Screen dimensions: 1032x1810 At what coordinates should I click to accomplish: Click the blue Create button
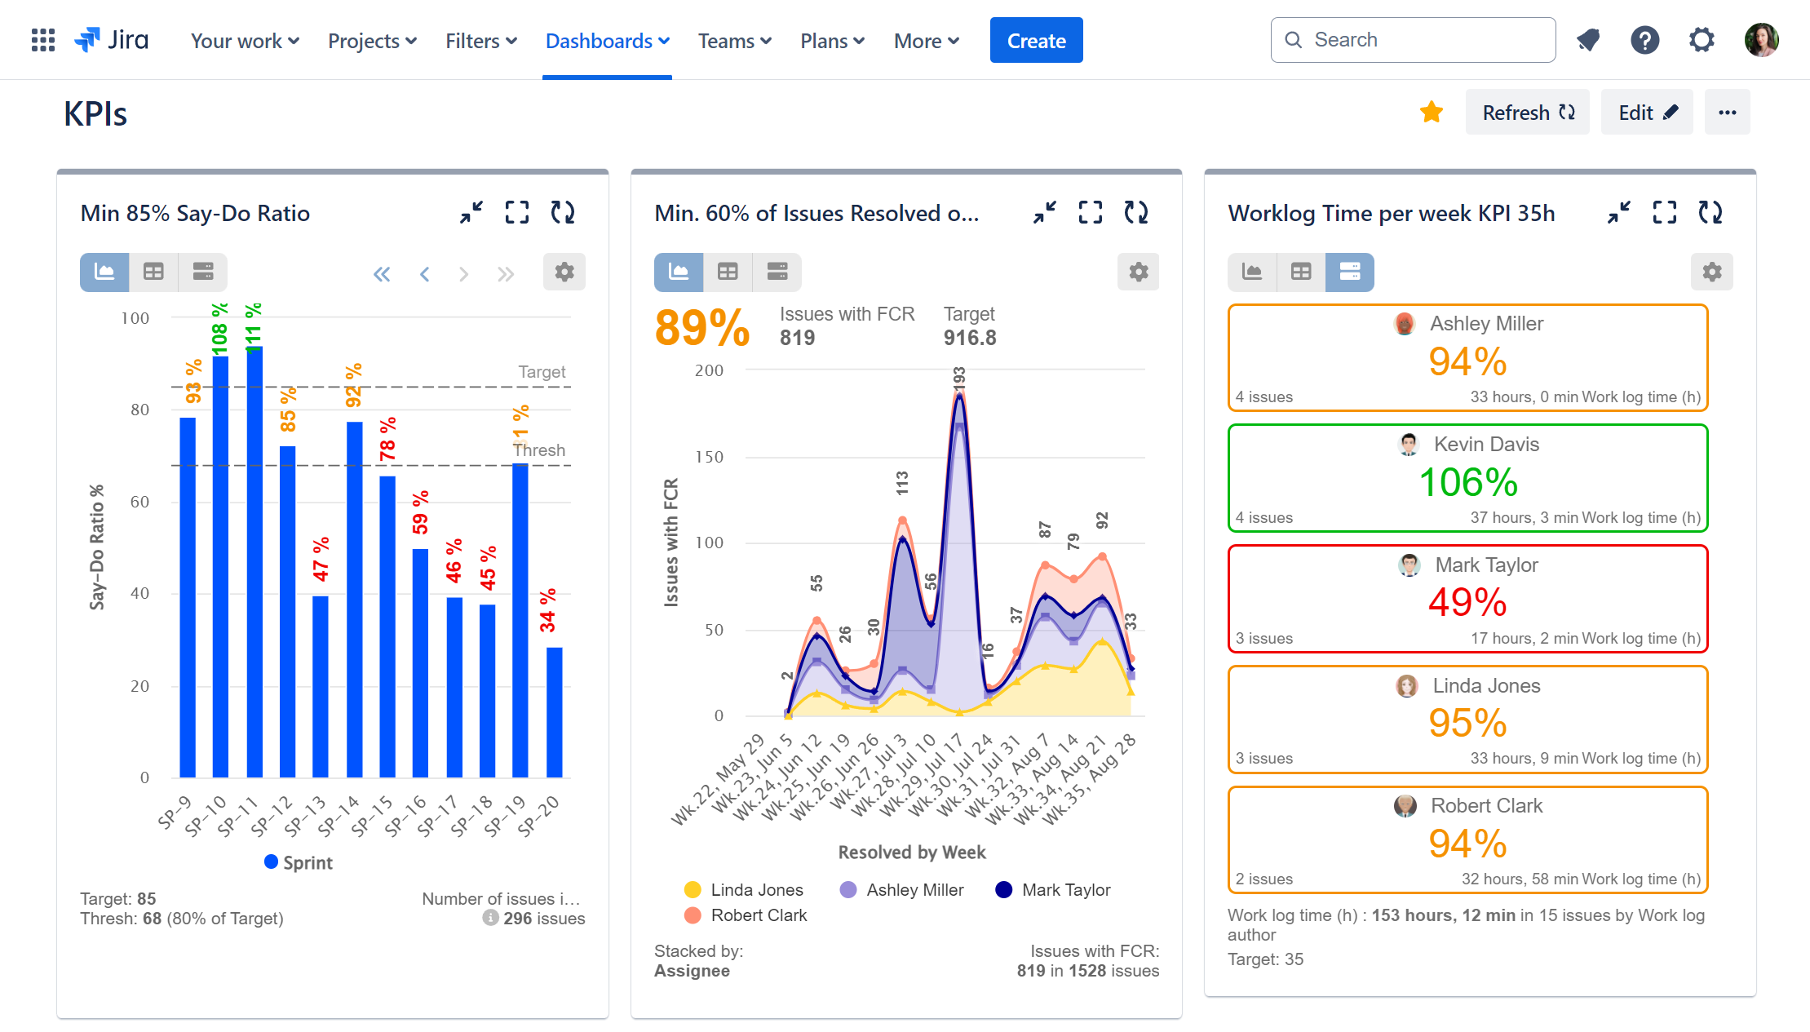tap(1036, 40)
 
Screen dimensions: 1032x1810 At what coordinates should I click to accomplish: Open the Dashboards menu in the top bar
tap(607, 41)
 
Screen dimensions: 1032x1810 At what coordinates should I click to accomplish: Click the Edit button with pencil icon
tap(1646, 113)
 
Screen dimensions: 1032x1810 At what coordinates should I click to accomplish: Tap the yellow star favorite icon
tap(1431, 112)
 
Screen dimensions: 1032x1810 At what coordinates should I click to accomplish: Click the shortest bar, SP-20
tap(554, 711)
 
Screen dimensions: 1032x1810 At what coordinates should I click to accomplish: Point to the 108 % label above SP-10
tap(219, 329)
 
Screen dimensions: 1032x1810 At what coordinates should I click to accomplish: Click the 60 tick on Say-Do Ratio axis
tap(140, 502)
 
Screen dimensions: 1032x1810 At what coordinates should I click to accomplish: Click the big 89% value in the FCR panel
tap(701, 328)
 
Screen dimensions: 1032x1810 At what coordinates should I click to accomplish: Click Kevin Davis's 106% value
tap(1467, 482)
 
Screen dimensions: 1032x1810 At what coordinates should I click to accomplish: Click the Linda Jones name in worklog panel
tap(1485, 685)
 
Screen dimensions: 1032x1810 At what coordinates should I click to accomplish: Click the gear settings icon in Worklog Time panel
tap(1711, 272)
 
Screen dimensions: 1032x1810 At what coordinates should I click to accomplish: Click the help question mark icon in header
tap(1644, 40)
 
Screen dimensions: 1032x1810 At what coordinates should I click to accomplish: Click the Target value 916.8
tap(969, 338)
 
